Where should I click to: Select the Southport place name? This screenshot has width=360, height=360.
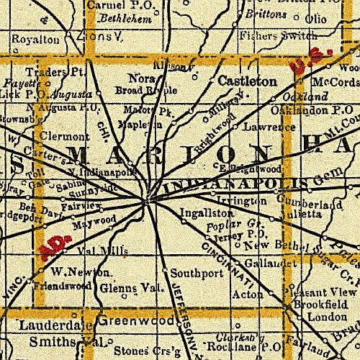tap(192, 274)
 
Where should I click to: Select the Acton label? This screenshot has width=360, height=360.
tap(250, 294)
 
